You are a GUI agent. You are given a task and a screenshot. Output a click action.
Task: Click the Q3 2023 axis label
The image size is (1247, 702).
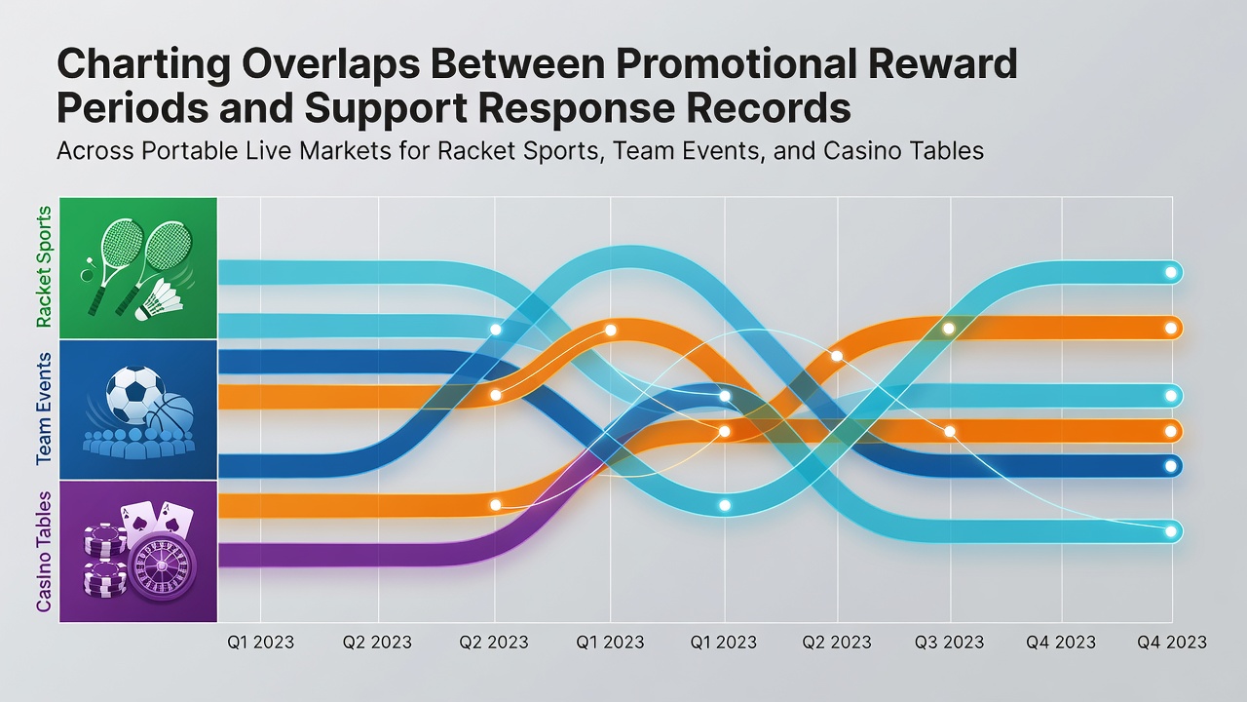[949, 643]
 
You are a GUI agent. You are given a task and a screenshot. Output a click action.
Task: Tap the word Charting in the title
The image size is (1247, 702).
[143, 65]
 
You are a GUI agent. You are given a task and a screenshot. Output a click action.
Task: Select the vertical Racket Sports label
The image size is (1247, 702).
[44, 267]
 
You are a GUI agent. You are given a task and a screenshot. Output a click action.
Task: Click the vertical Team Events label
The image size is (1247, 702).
[44, 409]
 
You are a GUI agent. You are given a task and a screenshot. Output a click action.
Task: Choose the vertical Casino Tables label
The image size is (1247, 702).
[44, 552]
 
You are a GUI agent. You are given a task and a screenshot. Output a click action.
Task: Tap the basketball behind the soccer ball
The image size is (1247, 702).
[170, 412]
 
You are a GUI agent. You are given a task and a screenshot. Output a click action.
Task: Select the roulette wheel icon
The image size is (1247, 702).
[162, 565]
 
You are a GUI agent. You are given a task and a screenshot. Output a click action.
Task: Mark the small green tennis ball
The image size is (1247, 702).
[87, 275]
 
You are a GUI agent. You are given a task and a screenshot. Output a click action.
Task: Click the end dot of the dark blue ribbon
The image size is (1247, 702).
[1170, 466]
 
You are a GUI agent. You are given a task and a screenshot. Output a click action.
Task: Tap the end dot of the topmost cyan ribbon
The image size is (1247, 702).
[1170, 272]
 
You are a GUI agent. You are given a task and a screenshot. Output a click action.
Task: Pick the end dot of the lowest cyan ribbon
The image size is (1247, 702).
[1170, 531]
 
